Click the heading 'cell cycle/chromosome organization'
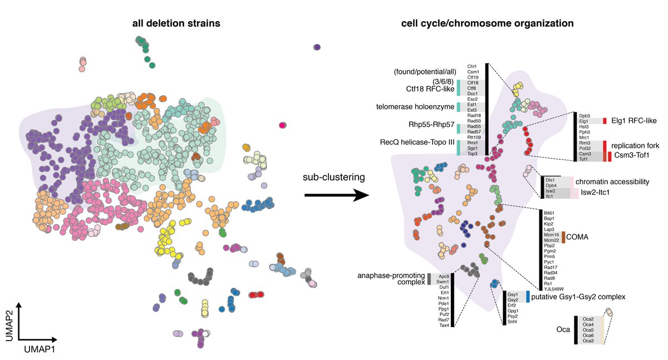point(488,23)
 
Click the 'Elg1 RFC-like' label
point(633,120)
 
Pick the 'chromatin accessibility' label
point(613,181)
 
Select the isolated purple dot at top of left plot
point(317,48)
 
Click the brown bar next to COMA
point(563,237)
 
